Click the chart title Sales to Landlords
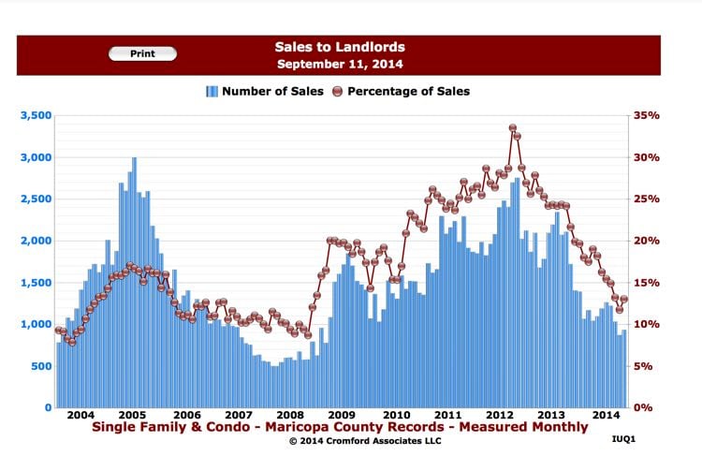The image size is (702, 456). point(339,46)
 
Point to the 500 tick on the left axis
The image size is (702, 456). point(40,366)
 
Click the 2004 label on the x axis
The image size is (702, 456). point(80,415)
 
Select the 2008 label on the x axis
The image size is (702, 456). point(289,415)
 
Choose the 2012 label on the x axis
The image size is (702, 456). point(501,415)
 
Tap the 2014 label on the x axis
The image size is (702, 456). point(606,415)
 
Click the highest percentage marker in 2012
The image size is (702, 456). point(513,128)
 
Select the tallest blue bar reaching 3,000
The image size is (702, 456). point(134,281)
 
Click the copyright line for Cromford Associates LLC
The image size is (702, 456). point(339,440)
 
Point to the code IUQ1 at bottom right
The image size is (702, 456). point(623,437)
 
